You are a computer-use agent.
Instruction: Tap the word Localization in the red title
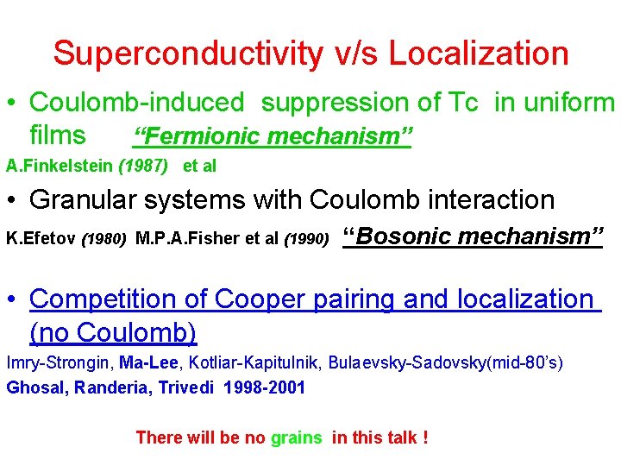(x=478, y=54)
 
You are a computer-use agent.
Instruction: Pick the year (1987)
(x=143, y=166)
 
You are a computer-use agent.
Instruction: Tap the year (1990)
(x=306, y=237)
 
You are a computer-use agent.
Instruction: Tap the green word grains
(x=296, y=438)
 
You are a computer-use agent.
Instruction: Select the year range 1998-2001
(x=264, y=387)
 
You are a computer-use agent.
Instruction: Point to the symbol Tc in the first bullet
(x=462, y=102)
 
